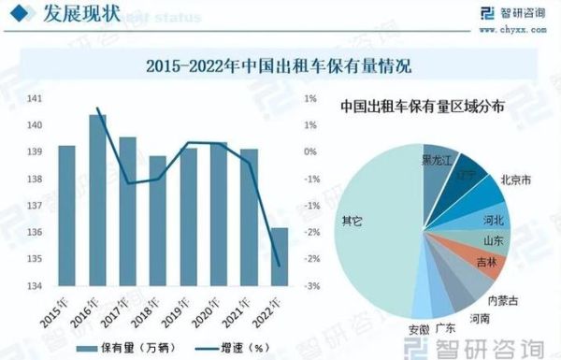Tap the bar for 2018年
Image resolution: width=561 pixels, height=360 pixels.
[x=158, y=221]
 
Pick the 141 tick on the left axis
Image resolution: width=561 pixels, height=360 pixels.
[x=35, y=98]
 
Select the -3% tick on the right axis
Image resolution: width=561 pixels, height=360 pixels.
[x=313, y=285]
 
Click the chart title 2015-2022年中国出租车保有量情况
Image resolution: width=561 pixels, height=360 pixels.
[x=279, y=66]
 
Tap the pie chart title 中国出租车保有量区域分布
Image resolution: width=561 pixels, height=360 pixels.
[x=422, y=107]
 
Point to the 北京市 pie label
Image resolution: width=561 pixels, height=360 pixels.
[x=516, y=179]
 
